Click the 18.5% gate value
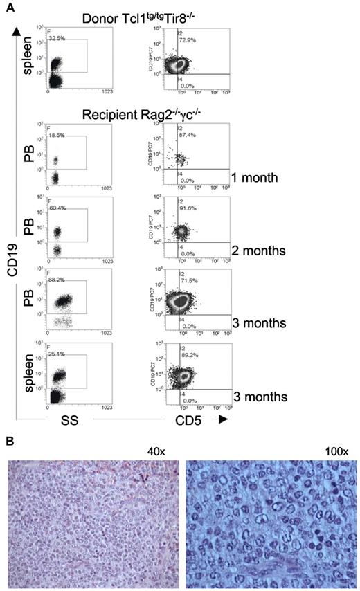pos(58,138)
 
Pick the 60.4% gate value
pos(58,207)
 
